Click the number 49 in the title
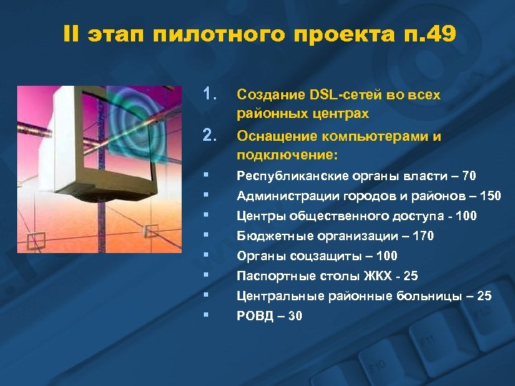438,34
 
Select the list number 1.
210,94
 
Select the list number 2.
210,135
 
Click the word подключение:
286,155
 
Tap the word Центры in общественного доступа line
260,216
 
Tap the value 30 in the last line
294,316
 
